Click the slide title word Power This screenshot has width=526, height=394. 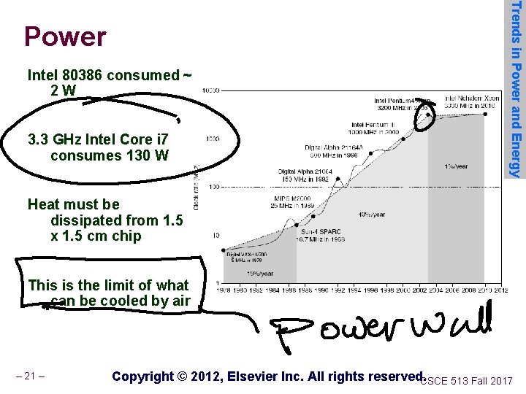coord(65,36)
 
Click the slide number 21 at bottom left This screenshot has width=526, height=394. coord(30,376)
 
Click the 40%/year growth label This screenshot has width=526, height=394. coord(372,215)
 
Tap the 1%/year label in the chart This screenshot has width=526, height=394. coord(455,166)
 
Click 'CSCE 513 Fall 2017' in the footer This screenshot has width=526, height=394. coord(468,380)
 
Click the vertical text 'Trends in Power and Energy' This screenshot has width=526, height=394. coord(515,88)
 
